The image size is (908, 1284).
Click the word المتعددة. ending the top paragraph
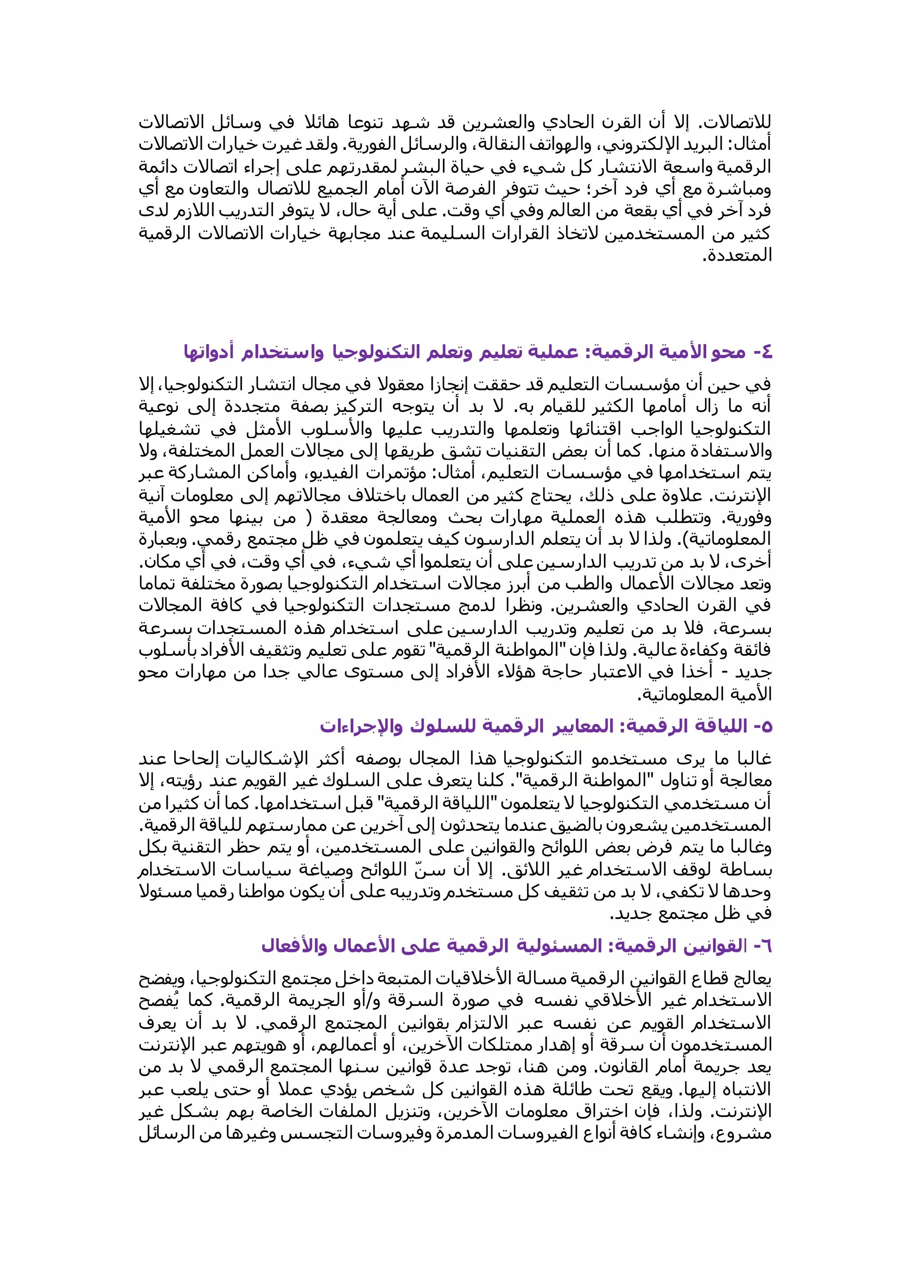point(737,256)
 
